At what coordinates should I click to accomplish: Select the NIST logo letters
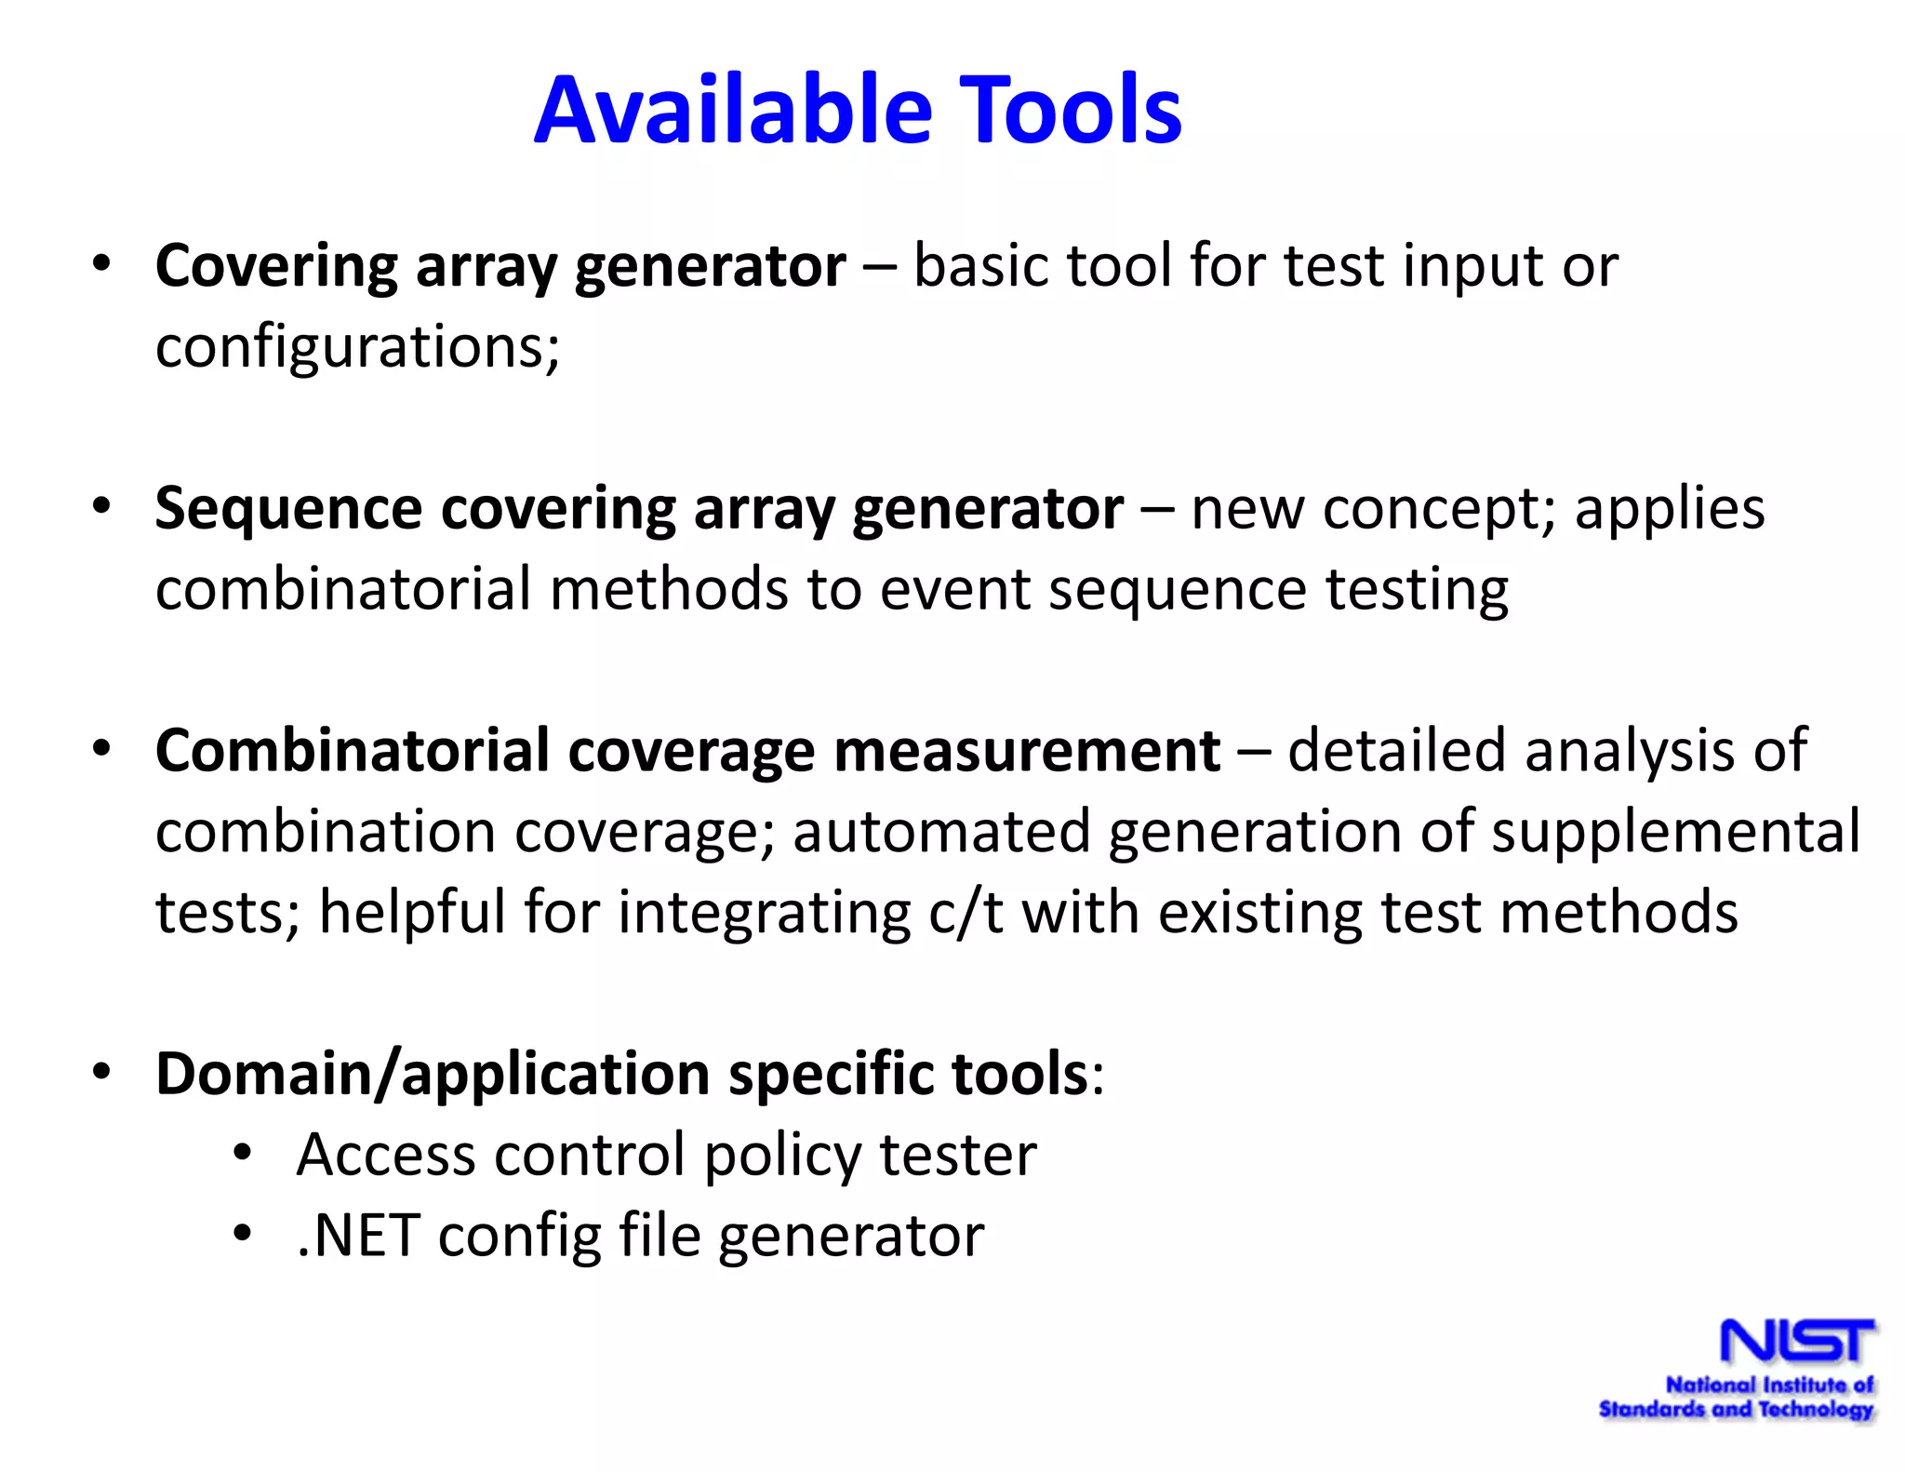1796,1341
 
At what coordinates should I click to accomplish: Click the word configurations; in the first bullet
357,348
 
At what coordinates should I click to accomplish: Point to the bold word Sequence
288,510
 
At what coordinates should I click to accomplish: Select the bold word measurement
1027,752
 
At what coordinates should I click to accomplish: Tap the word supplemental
1676,832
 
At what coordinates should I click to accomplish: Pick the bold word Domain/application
433,1075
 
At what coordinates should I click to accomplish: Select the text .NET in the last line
357,1237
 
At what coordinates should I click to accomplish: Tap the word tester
958,1156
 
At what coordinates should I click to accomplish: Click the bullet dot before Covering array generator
101,264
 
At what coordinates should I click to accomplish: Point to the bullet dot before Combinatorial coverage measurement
101,748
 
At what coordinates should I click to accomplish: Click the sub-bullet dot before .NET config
243,1234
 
